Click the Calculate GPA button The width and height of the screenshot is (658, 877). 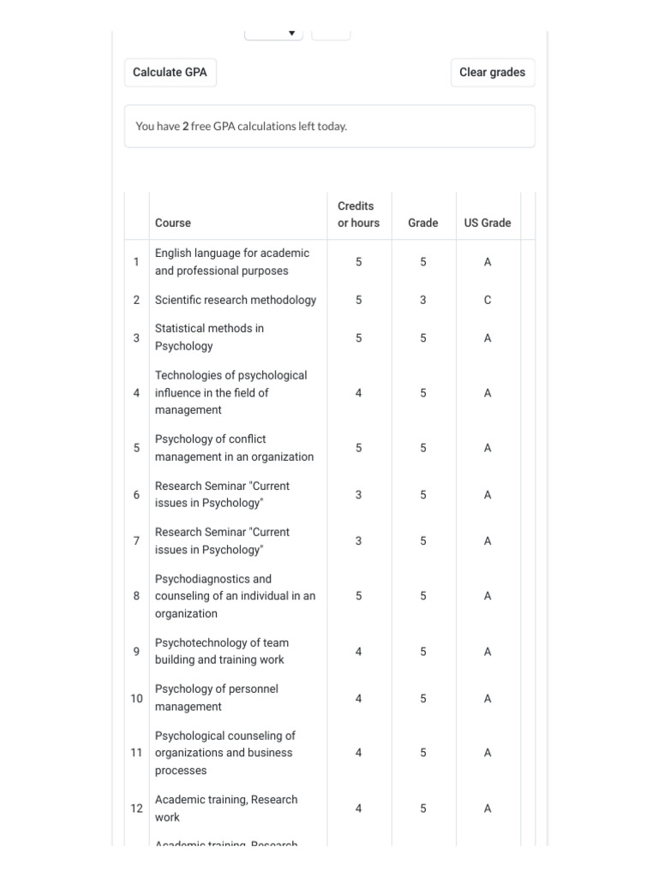[170, 73]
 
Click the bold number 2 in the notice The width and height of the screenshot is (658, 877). [185, 127]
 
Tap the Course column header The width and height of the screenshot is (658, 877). [173, 223]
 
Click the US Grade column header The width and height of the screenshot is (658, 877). [488, 223]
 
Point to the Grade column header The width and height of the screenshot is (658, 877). [422, 223]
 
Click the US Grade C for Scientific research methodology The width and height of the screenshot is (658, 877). [488, 300]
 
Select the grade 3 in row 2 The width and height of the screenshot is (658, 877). [423, 300]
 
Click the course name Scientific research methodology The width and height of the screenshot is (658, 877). [236, 300]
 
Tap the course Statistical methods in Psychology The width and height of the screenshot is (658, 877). [209, 337]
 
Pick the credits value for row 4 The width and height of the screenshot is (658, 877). [358, 393]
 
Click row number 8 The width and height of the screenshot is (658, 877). [136, 596]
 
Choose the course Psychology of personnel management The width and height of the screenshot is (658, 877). [216, 698]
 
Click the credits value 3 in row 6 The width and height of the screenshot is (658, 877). [358, 495]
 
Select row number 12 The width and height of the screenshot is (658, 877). [136, 808]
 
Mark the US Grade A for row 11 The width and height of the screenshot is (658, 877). [488, 753]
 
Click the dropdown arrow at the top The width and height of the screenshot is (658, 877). [291, 33]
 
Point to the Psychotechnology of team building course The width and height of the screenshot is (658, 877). [221, 652]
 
